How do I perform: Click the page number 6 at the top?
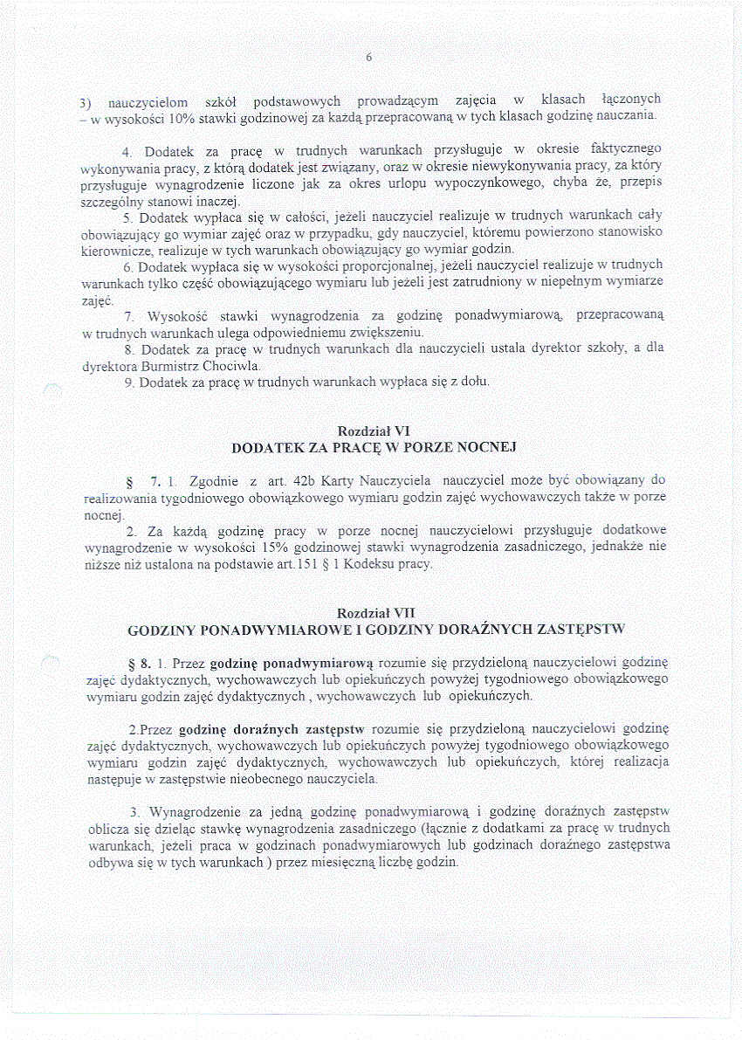coord(369,58)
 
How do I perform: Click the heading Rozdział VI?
coord(374,431)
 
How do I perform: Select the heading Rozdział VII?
coord(375,613)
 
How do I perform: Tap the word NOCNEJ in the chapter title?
coord(487,448)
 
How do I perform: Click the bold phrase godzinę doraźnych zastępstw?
coord(271,728)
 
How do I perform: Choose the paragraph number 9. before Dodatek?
coord(130,382)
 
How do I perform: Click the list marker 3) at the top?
coord(87,100)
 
